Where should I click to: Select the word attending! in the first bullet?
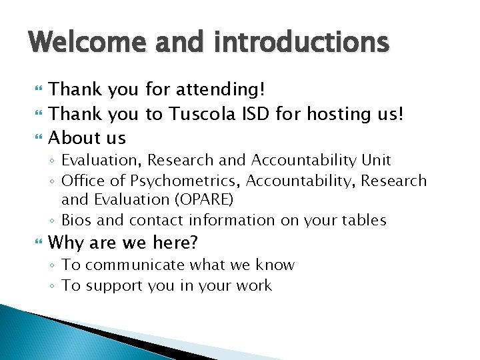(218, 89)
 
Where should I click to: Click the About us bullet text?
(87, 138)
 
